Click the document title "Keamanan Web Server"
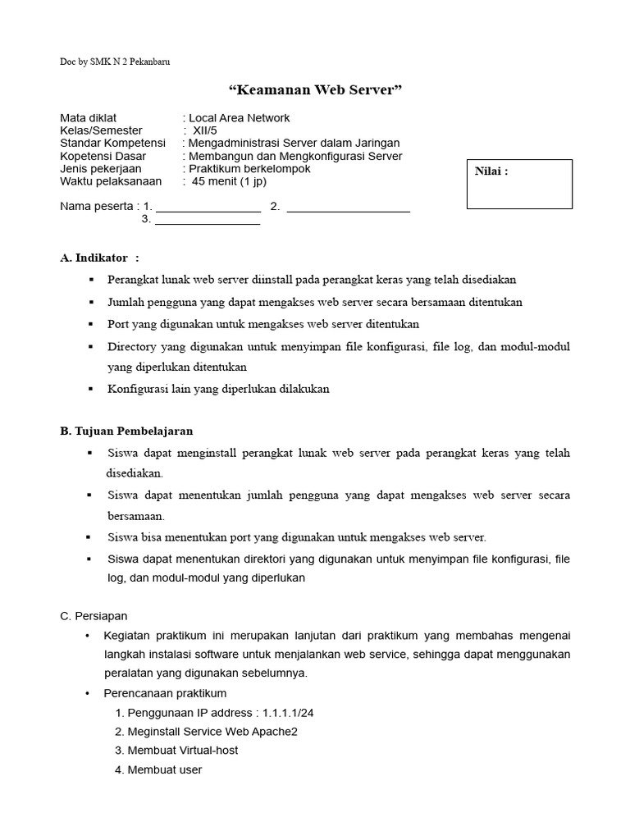click(315, 89)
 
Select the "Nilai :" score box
click(519, 185)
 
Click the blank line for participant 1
click(208, 209)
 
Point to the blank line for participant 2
click(348, 209)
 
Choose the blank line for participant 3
click(208, 222)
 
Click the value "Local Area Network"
click(239, 118)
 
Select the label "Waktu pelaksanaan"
click(111, 181)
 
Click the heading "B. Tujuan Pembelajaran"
click(126, 431)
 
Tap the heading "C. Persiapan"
click(94, 615)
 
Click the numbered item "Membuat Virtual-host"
click(182, 751)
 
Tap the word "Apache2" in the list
click(276, 732)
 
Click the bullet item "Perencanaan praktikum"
click(165, 693)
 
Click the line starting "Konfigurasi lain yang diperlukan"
click(218, 389)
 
